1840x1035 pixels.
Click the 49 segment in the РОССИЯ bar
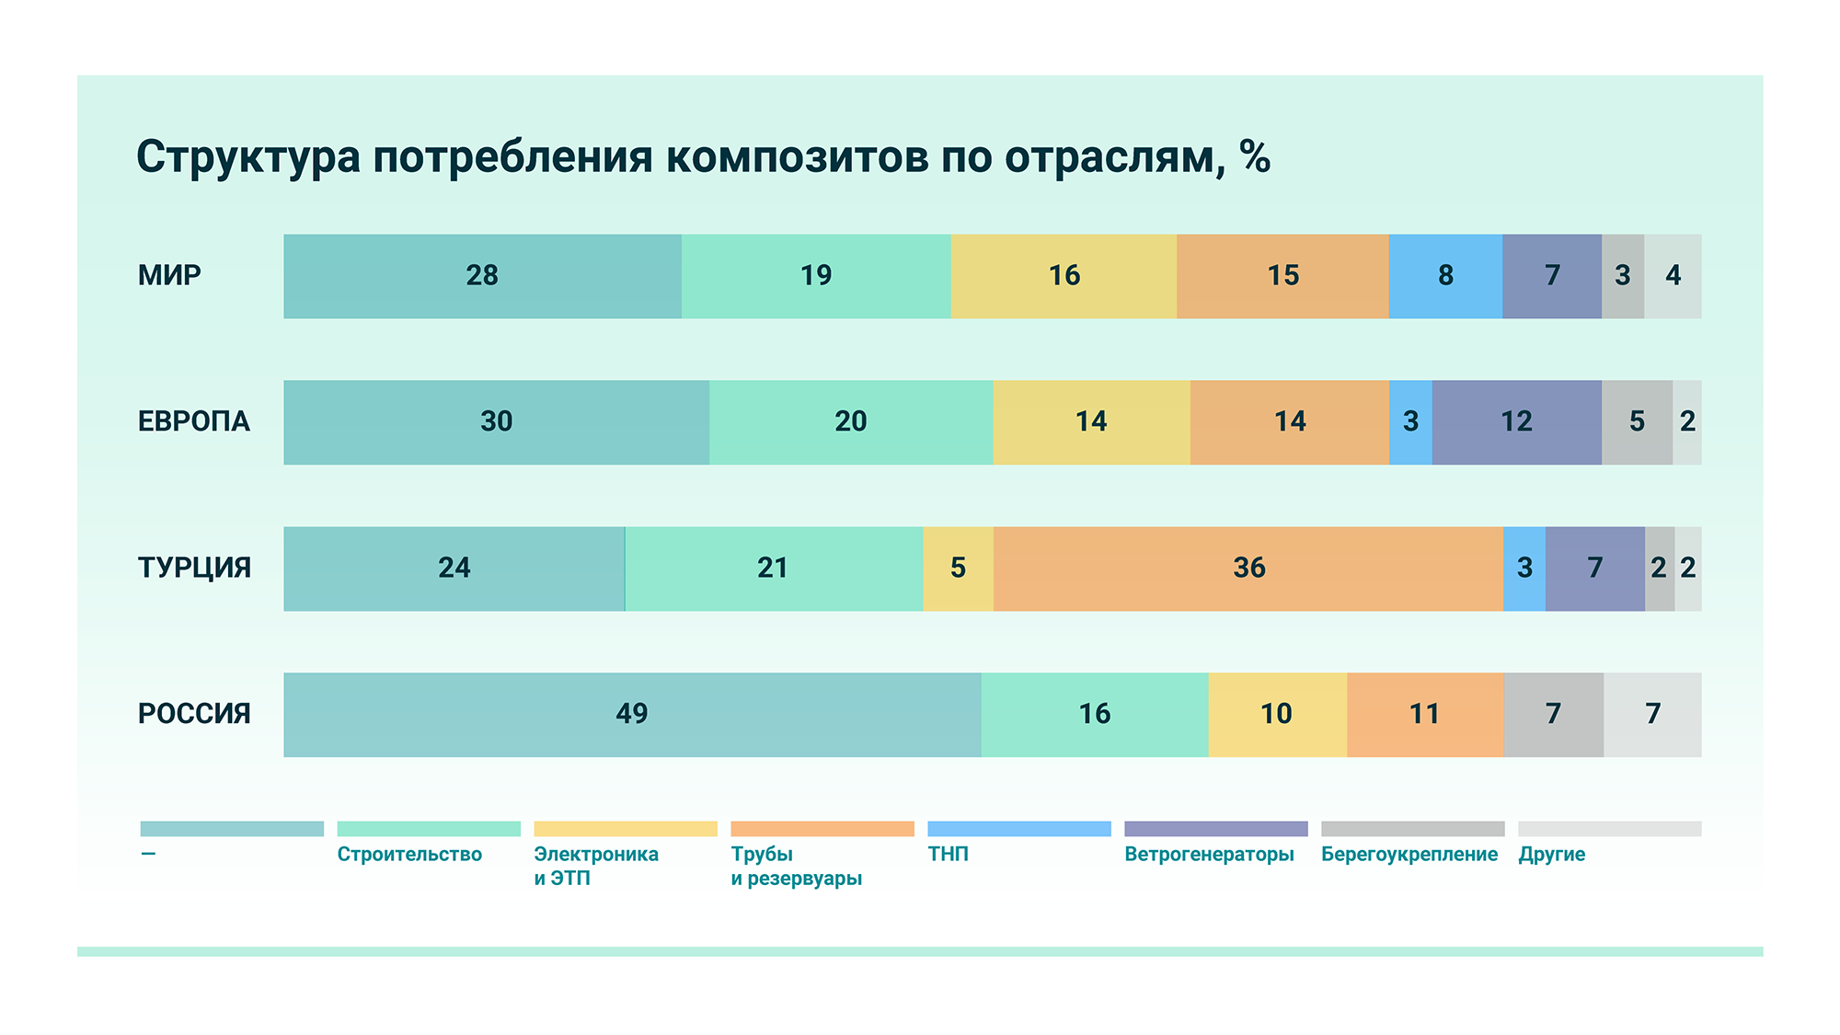(x=632, y=714)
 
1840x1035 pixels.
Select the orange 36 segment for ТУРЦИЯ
(x=1248, y=568)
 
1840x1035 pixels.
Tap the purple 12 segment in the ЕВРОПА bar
(x=1516, y=421)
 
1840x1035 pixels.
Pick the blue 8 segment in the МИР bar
(x=1445, y=276)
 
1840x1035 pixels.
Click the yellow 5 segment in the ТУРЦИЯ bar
(x=958, y=568)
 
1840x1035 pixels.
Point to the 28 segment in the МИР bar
(x=482, y=276)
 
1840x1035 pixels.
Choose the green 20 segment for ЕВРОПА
(x=851, y=421)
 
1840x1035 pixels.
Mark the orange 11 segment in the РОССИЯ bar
(x=1425, y=714)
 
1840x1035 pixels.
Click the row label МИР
(x=169, y=276)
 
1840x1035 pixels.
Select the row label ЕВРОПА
(x=194, y=421)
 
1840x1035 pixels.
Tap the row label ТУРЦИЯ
(x=194, y=568)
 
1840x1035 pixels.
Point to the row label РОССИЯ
(x=194, y=714)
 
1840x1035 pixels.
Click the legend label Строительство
(x=409, y=855)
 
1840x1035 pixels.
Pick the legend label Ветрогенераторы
(x=1209, y=855)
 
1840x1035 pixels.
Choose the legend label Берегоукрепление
(x=1409, y=855)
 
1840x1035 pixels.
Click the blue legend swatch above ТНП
(x=1019, y=829)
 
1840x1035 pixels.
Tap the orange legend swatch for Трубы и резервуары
(x=822, y=829)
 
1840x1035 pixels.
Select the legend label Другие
(x=1552, y=855)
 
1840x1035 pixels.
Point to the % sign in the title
(x=1255, y=156)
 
